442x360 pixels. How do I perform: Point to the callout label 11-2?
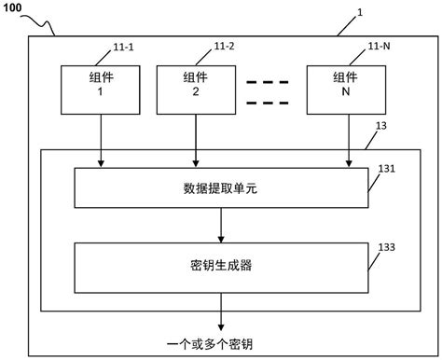click(225, 45)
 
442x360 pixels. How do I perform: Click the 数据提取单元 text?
click(220, 188)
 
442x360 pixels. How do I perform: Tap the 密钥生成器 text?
click(220, 265)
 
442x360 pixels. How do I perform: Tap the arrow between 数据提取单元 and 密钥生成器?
click(220, 225)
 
